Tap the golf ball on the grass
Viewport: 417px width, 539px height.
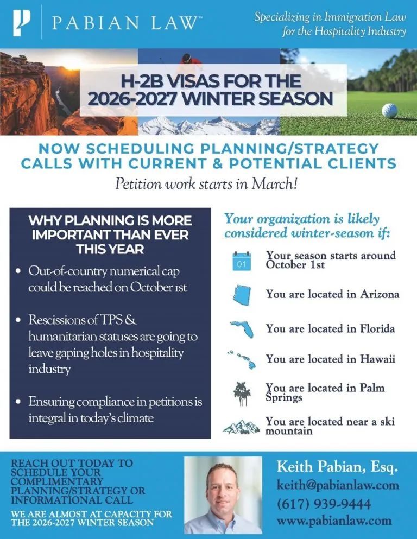click(x=389, y=110)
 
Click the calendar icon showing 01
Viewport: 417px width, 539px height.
click(x=242, y=261)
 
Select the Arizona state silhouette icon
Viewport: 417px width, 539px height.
click(x=242, y=294)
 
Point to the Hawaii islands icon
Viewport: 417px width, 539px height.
click(x=241, y=359)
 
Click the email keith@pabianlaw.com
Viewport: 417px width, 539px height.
click(x=338, y=485)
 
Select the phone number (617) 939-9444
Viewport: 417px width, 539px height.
click(x=324, y=503)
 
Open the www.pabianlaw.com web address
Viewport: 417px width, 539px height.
click(x=334, y=521)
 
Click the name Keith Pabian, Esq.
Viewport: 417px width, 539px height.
click(x=337, y=466)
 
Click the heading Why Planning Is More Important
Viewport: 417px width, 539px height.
click(x=110, y=235)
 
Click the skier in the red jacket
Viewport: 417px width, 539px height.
click(x=186, y=59)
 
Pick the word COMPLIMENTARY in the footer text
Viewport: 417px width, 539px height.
click(x=57, y=481)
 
